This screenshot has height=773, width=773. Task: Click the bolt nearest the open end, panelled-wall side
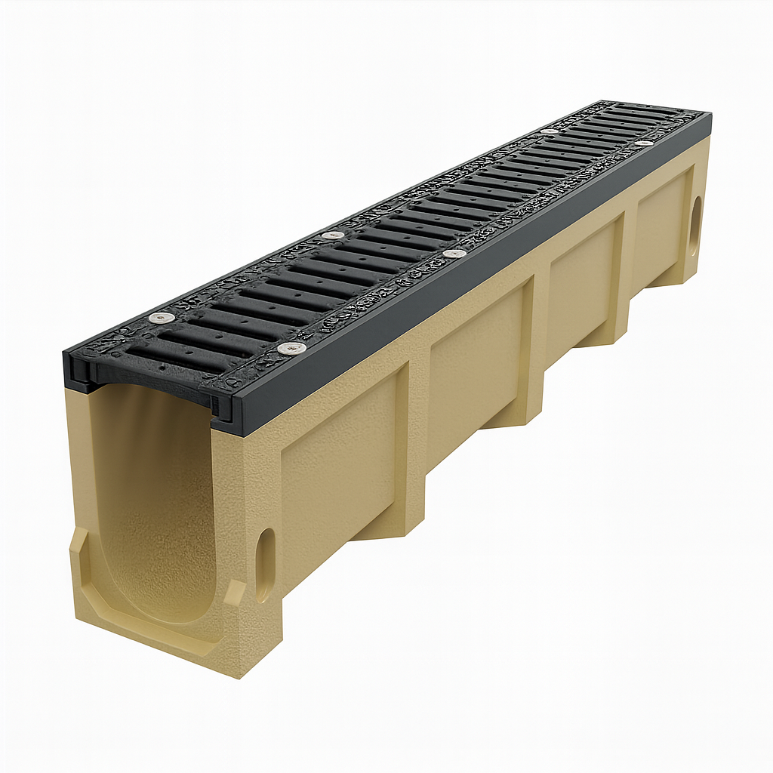point(291,348)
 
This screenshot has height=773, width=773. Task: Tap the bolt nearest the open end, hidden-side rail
point(160,318)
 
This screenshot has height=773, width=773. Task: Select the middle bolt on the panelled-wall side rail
point(454,254)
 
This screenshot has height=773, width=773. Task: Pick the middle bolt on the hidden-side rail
point(332,236)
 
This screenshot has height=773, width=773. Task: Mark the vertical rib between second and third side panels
point(537,332)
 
